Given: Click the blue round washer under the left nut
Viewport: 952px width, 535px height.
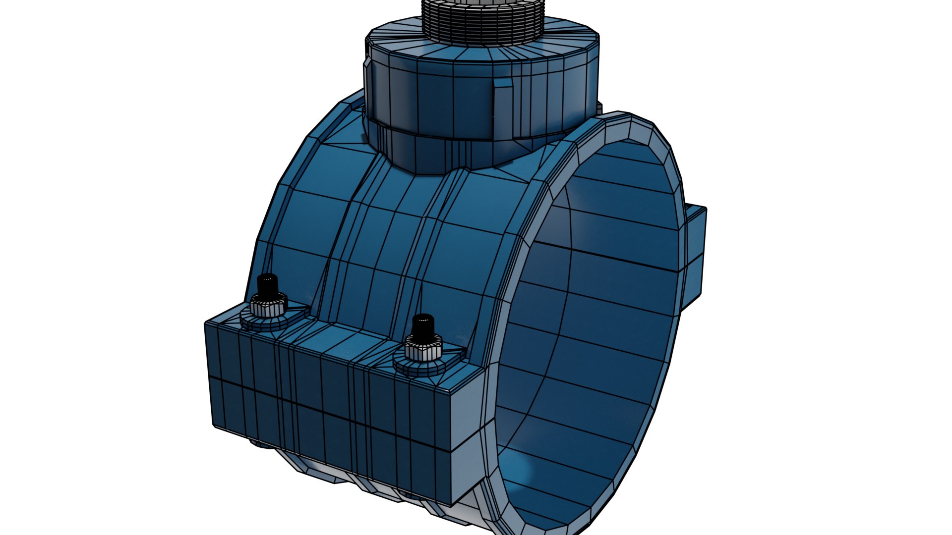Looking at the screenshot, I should pyautogui.click(x=263, y=322).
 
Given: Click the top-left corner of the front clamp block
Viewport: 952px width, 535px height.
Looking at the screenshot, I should pyautogui.click(x=206, y=323).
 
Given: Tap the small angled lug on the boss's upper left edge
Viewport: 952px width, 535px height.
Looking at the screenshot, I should pyautogui.click(x=367, y=64).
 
